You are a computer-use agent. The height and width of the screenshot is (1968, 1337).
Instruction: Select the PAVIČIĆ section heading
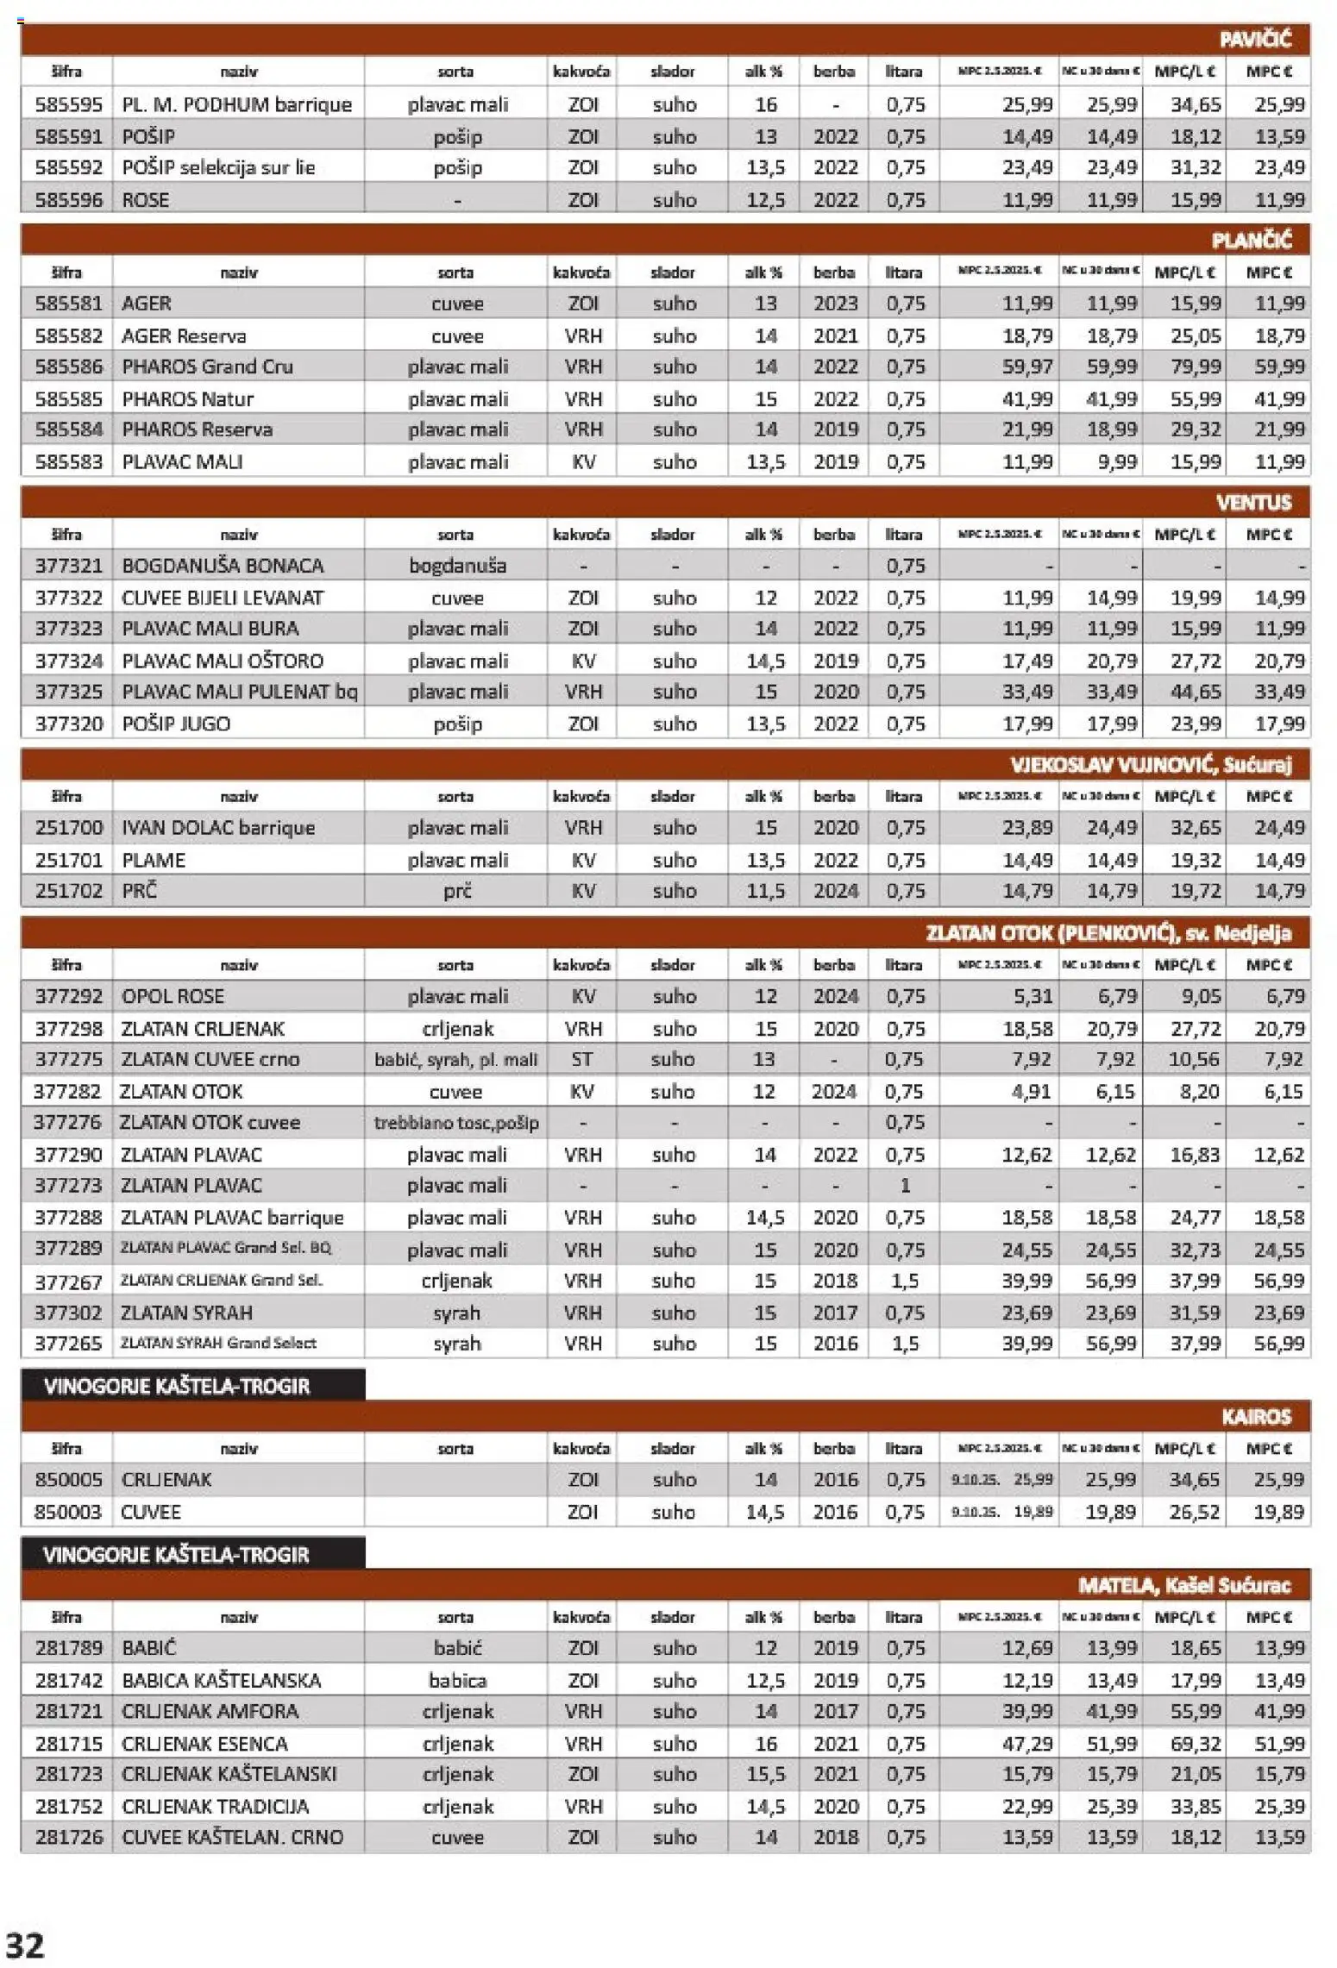(x=1255, y=39)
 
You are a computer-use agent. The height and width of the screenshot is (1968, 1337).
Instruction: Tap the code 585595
(x=68, y=104)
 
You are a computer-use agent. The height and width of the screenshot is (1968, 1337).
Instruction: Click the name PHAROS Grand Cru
(x=207, y=367)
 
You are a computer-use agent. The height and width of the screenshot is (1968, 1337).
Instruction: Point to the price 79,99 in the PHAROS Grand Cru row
(x=1195, y=367)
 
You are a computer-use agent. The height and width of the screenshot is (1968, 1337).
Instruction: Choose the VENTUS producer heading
(x=1253, y=502)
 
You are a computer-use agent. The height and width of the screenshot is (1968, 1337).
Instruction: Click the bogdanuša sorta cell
(x=457, y=566)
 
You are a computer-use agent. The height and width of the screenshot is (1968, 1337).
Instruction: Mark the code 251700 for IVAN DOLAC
(x=68, y=827)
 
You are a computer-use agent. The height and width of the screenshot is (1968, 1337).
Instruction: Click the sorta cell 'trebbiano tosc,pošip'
(x=456, y=1123)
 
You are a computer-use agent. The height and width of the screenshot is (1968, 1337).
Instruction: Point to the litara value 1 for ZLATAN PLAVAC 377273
(x=905, y=1186)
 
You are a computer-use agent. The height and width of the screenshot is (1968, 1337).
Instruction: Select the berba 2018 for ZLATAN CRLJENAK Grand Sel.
(x=835, y=1281)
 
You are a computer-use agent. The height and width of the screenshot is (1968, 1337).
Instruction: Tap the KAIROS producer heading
(x=1256, y=1417)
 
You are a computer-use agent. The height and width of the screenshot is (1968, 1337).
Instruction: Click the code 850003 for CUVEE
(x=68, y=1512)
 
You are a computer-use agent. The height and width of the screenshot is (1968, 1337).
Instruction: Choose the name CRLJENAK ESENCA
(x=204, y=1743)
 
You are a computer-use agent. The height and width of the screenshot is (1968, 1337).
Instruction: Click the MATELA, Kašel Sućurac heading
(x=1183, y=1585)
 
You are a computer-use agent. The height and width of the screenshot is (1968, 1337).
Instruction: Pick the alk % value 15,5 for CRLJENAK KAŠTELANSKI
(x=765, y=1774)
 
